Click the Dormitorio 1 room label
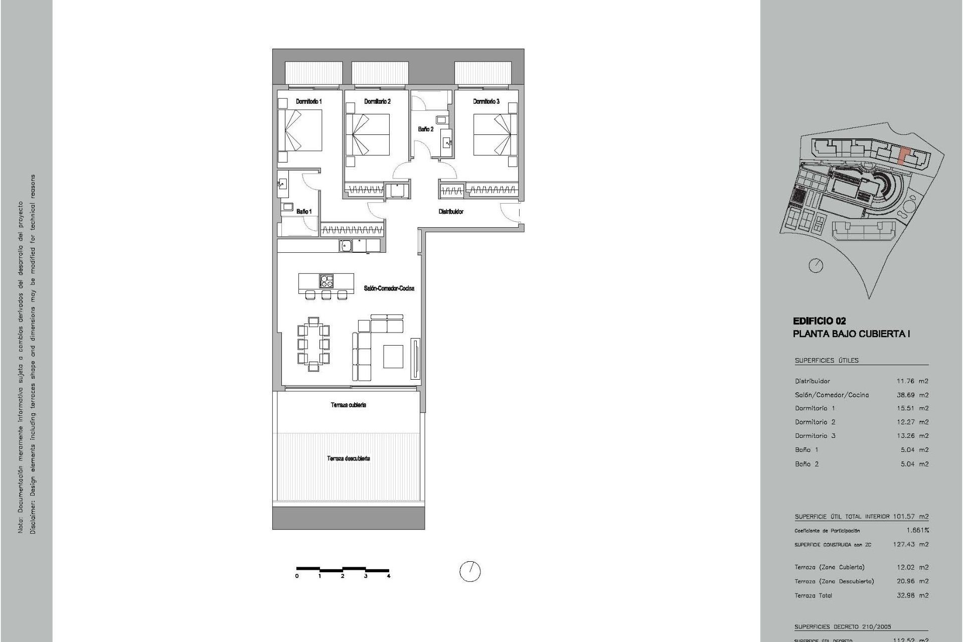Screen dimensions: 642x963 click(x=308, y=101)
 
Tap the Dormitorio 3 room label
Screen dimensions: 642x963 click(x=486, y=101)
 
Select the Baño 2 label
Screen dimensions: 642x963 click(x=425, y=129)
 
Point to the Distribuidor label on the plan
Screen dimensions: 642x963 click(x=451, y=212)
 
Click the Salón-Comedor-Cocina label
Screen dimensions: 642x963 click(x=389, y=288)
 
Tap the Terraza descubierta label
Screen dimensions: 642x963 click(x=349, y=458)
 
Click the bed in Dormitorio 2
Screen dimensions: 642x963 click(x=368, y=134)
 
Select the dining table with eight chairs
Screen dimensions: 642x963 click(x=313, y=344)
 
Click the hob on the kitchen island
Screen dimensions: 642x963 click(x=327, y=281)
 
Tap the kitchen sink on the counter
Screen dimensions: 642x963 click(x=346, y=246)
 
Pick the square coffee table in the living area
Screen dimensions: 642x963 click(x=393, y=356)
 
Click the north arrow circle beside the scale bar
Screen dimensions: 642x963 click(x=470, y=571)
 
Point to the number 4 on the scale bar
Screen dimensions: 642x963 click(x=389, y=576)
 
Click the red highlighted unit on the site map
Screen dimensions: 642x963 click(x=903, y=155)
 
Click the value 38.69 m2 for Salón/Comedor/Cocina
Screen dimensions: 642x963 click(x=912, y=395)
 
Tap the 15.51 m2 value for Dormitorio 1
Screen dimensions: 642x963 click(x=912, y=408)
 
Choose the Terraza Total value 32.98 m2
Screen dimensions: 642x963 click(x=912, y=595)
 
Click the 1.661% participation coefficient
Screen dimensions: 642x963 click(x=917, y=530)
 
